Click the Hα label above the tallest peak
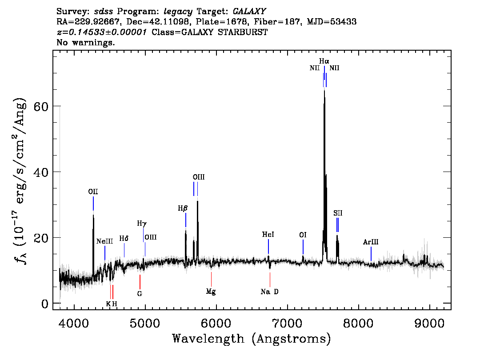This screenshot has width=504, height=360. [x=324, y=61]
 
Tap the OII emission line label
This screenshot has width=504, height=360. [x=93, y=192]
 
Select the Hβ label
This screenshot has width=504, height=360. [x=183, y=208]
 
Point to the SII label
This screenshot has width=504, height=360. [x=338, y=213]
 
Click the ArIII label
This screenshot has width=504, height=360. [x=371, y=242]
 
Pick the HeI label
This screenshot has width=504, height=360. [x=268, y=234]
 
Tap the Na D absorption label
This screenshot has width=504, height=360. [x=270, y=292]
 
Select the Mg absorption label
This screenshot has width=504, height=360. [x=211, y=292]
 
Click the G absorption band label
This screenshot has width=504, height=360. [x=140, y=294]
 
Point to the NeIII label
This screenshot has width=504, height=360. [x=104, y=241]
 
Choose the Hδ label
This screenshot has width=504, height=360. [x=124, y=239]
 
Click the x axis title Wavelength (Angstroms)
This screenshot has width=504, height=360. [x=252, y=339]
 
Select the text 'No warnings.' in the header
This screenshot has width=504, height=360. [x=86, y=43]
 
